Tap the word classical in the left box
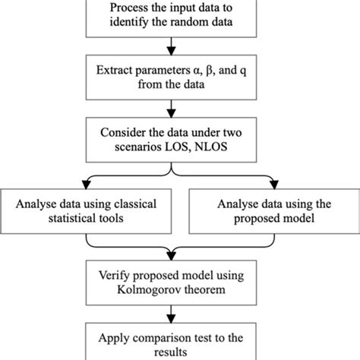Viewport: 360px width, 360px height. pyautogui.click(x=141, y=203)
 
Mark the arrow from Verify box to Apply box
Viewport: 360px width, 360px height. pyautogui.click(x=180, y=311)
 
